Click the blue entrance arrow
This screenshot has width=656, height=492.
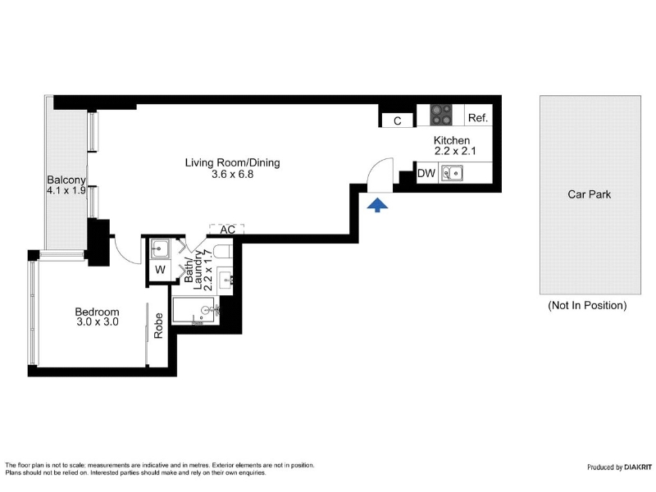pos(377,206)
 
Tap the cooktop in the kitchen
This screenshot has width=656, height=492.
pos(441,115)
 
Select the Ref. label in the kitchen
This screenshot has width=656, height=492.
pos(478,118)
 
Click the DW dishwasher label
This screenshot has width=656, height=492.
pos(426,173)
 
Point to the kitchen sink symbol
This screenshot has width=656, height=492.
pos(453,173)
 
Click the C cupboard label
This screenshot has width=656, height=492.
pos(398,121)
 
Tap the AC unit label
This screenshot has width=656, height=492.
pos(228,230)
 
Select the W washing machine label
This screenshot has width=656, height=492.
pos(160,270)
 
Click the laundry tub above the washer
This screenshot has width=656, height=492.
pos(160,249)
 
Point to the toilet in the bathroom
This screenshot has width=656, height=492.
pos(223,252)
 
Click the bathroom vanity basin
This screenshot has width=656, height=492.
pos(226,279)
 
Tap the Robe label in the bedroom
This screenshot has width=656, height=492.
pos(158,326)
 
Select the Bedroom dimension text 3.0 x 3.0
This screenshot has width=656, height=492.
pos(98,322)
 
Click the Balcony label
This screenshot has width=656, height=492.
pos(66,180)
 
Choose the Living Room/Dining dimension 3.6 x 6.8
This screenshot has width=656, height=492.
pos(233,175)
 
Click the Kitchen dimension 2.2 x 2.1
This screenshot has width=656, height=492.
pos(455,151)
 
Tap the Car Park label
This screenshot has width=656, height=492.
pos(589,194)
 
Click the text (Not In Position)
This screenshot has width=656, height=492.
pos(587,305)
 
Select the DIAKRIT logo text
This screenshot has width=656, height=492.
pos(638,467)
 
